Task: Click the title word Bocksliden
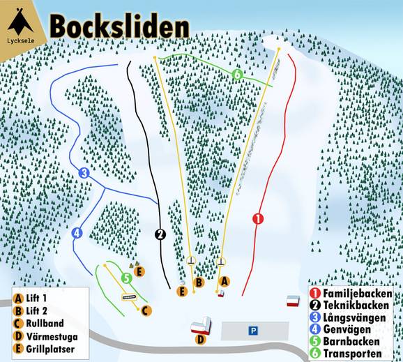coord(119,26)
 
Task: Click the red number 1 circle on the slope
coord(259,218)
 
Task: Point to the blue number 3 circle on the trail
coord(84,173)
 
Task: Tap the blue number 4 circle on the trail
coord(77,233)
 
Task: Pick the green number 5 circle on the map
coord(126,278)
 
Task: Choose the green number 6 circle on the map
coord(237,74)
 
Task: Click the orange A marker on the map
coord(225,280)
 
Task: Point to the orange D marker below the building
coord(200,340)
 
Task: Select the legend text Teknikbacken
coord(358,306)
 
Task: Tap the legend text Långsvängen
coord(358,318)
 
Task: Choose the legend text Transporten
coord(356,354)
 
